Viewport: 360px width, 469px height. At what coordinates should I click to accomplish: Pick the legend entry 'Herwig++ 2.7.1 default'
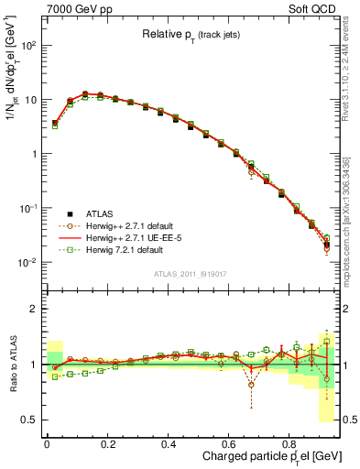tap(133, 224)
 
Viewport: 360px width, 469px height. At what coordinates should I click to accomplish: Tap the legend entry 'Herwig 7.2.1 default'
tap(128, 250)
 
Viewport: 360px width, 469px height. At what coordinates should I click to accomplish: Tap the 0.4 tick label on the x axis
tap(169, 442)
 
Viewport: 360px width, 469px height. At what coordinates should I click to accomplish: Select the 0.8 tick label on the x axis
tap(289, 442)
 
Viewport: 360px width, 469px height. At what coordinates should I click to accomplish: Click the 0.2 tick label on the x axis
tap(107, 442)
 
